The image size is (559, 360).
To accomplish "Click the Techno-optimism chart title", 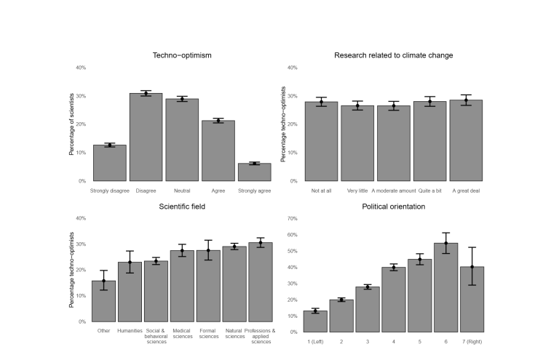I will tap(182, 55).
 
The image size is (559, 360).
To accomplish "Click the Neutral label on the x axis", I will tap(182, 191).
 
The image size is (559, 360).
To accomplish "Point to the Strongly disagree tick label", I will tap(110, 191).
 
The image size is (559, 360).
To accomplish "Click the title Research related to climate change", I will tap(393, 55).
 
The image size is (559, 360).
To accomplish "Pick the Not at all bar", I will tap(321, 141).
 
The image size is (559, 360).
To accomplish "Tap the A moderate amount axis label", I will tap(394, 191).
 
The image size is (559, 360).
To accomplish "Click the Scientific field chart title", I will tap(182, 207).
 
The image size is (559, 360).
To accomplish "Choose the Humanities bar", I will tap(130, 292).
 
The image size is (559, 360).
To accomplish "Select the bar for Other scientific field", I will tap(103, 301).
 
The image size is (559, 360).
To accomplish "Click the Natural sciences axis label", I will tap(234, 335).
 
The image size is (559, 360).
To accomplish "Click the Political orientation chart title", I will tap(393, 207).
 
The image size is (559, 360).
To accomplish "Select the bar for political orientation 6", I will tap(445, 287).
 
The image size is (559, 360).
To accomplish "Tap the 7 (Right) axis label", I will tap(472, 342).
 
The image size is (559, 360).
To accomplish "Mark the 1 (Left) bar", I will tap(315, 321).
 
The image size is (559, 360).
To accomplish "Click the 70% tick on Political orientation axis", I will tap(293, 218).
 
